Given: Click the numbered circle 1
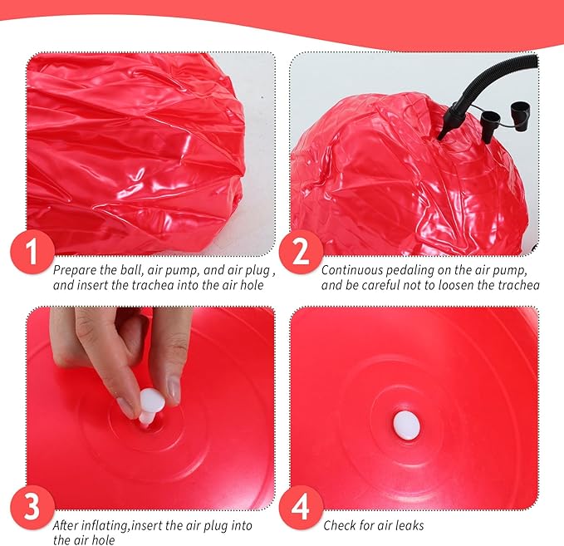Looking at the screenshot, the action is pyautogui.click(x=32, y=252).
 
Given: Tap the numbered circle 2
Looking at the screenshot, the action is pyautogui.click(x=301, y=252).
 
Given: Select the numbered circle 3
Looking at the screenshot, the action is pyautogui.click(x=32, y=507).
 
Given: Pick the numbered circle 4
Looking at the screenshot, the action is pyautogui.click(x=301, y=507).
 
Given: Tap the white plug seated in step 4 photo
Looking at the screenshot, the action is pyautogui.click(x=406, y=425).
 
